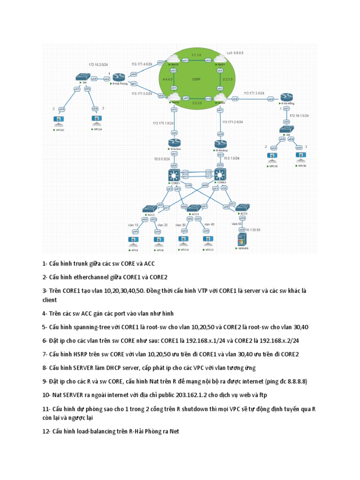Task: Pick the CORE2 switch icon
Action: tap(220, 174)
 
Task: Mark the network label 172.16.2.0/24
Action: tap(98, 64)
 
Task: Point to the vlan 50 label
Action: tap(236, 224)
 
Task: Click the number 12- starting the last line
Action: tap(45, 431)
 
